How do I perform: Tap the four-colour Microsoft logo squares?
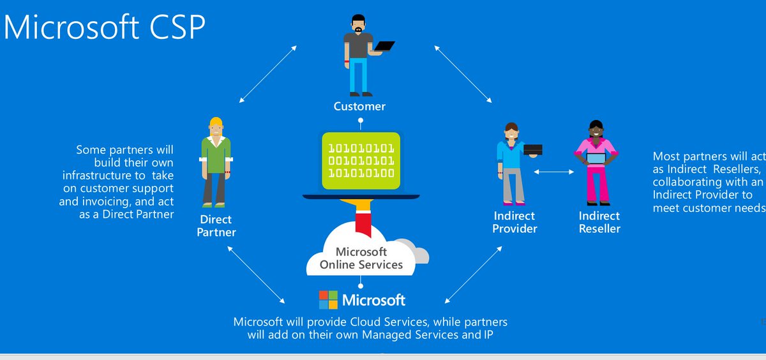coord(328,299)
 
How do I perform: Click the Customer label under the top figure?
coord(359,106)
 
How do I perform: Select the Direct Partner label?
coord(216,225)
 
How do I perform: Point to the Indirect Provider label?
coord(514,222)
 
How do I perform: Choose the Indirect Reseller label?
coord(599,222)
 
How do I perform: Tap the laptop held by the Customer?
coord(385,47)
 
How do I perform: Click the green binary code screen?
coord(361,161)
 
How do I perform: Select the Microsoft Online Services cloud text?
coord(361,258)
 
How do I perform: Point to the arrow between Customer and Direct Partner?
coord(267,74)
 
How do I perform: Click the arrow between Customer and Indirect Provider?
coord(462,74)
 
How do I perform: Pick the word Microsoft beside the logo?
coord(373,300)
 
